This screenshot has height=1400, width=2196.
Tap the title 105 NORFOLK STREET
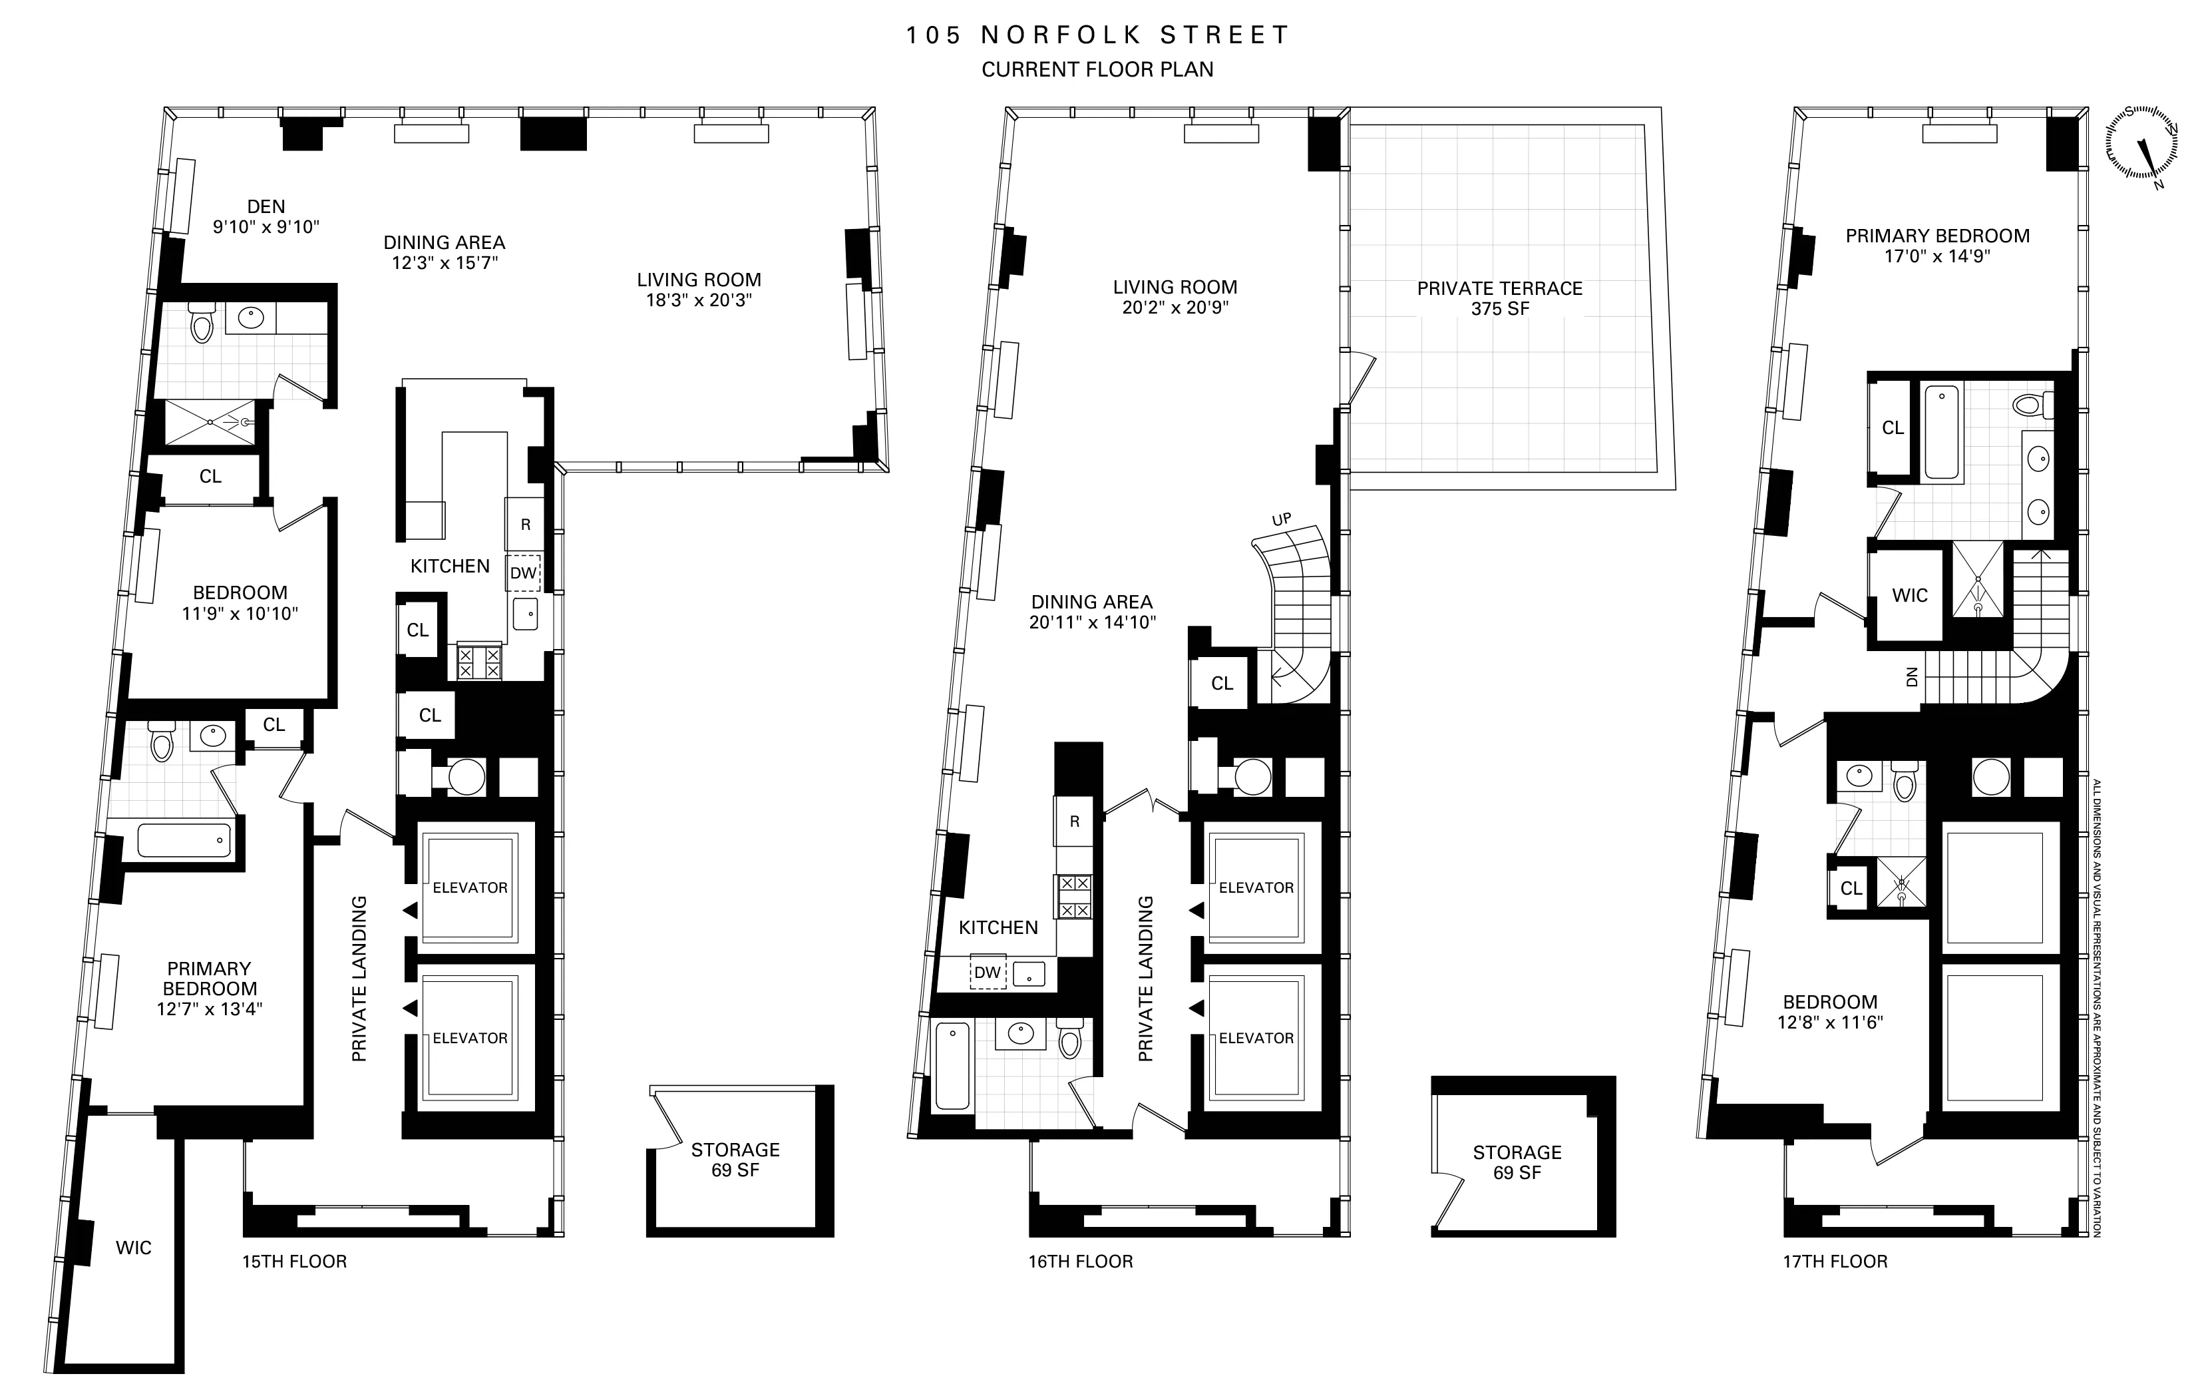click(x=1097, y=35)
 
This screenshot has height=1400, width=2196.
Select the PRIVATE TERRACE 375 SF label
click(x=1499, y=298)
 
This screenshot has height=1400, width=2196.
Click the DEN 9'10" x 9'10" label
click(x=266, y=217)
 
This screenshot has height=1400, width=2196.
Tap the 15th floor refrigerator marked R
click(x=525, y=525)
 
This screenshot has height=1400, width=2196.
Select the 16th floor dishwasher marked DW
click(x=987, y=972)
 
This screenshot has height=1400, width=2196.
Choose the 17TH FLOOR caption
click(x=1835, y=1262)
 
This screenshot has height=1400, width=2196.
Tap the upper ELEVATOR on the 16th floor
click(x=1256, y=887)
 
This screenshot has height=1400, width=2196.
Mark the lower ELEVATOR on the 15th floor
click(x=470, y=1038)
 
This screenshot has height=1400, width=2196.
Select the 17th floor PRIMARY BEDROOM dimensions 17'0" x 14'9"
click(x=1937, y=256)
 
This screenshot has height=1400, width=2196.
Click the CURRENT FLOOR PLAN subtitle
click(x=1097, y=69)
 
